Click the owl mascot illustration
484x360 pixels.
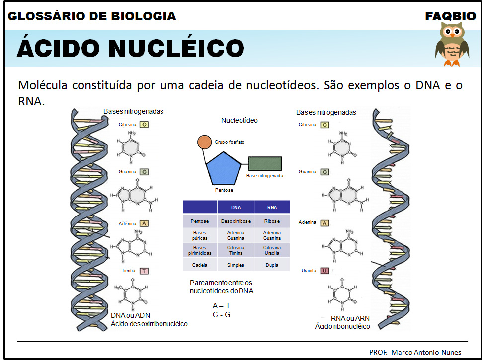click(x=452, y=44)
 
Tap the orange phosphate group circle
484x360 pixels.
click(x=204, y=142)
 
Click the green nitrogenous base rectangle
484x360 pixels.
click(x=265, y=164)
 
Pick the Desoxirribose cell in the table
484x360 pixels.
click(x=236, y=221)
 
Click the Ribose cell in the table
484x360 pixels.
click(x=272, y=221)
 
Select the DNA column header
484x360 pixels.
click(x=236, y=207)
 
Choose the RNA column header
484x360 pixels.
click(x=272, y=207)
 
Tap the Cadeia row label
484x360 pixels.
click(x=200, y=265)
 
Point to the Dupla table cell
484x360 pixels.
click(x=272, y=265)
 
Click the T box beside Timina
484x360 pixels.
click(x=144, y=271)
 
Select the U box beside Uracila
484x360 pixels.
click(x=324, y=271)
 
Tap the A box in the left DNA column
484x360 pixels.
click(x=144, y=224)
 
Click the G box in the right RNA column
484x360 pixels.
click(x=324, y=172)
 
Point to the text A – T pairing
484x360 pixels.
click(x=221, y=306)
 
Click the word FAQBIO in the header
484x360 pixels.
click(x=450, y=16)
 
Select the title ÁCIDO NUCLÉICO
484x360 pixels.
click(x=130, y=48)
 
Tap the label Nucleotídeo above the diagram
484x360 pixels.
click(x=240, y=120)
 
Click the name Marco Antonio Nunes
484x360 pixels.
click(x=426, y=352)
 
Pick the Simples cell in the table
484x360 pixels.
click(x=236, y=265)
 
